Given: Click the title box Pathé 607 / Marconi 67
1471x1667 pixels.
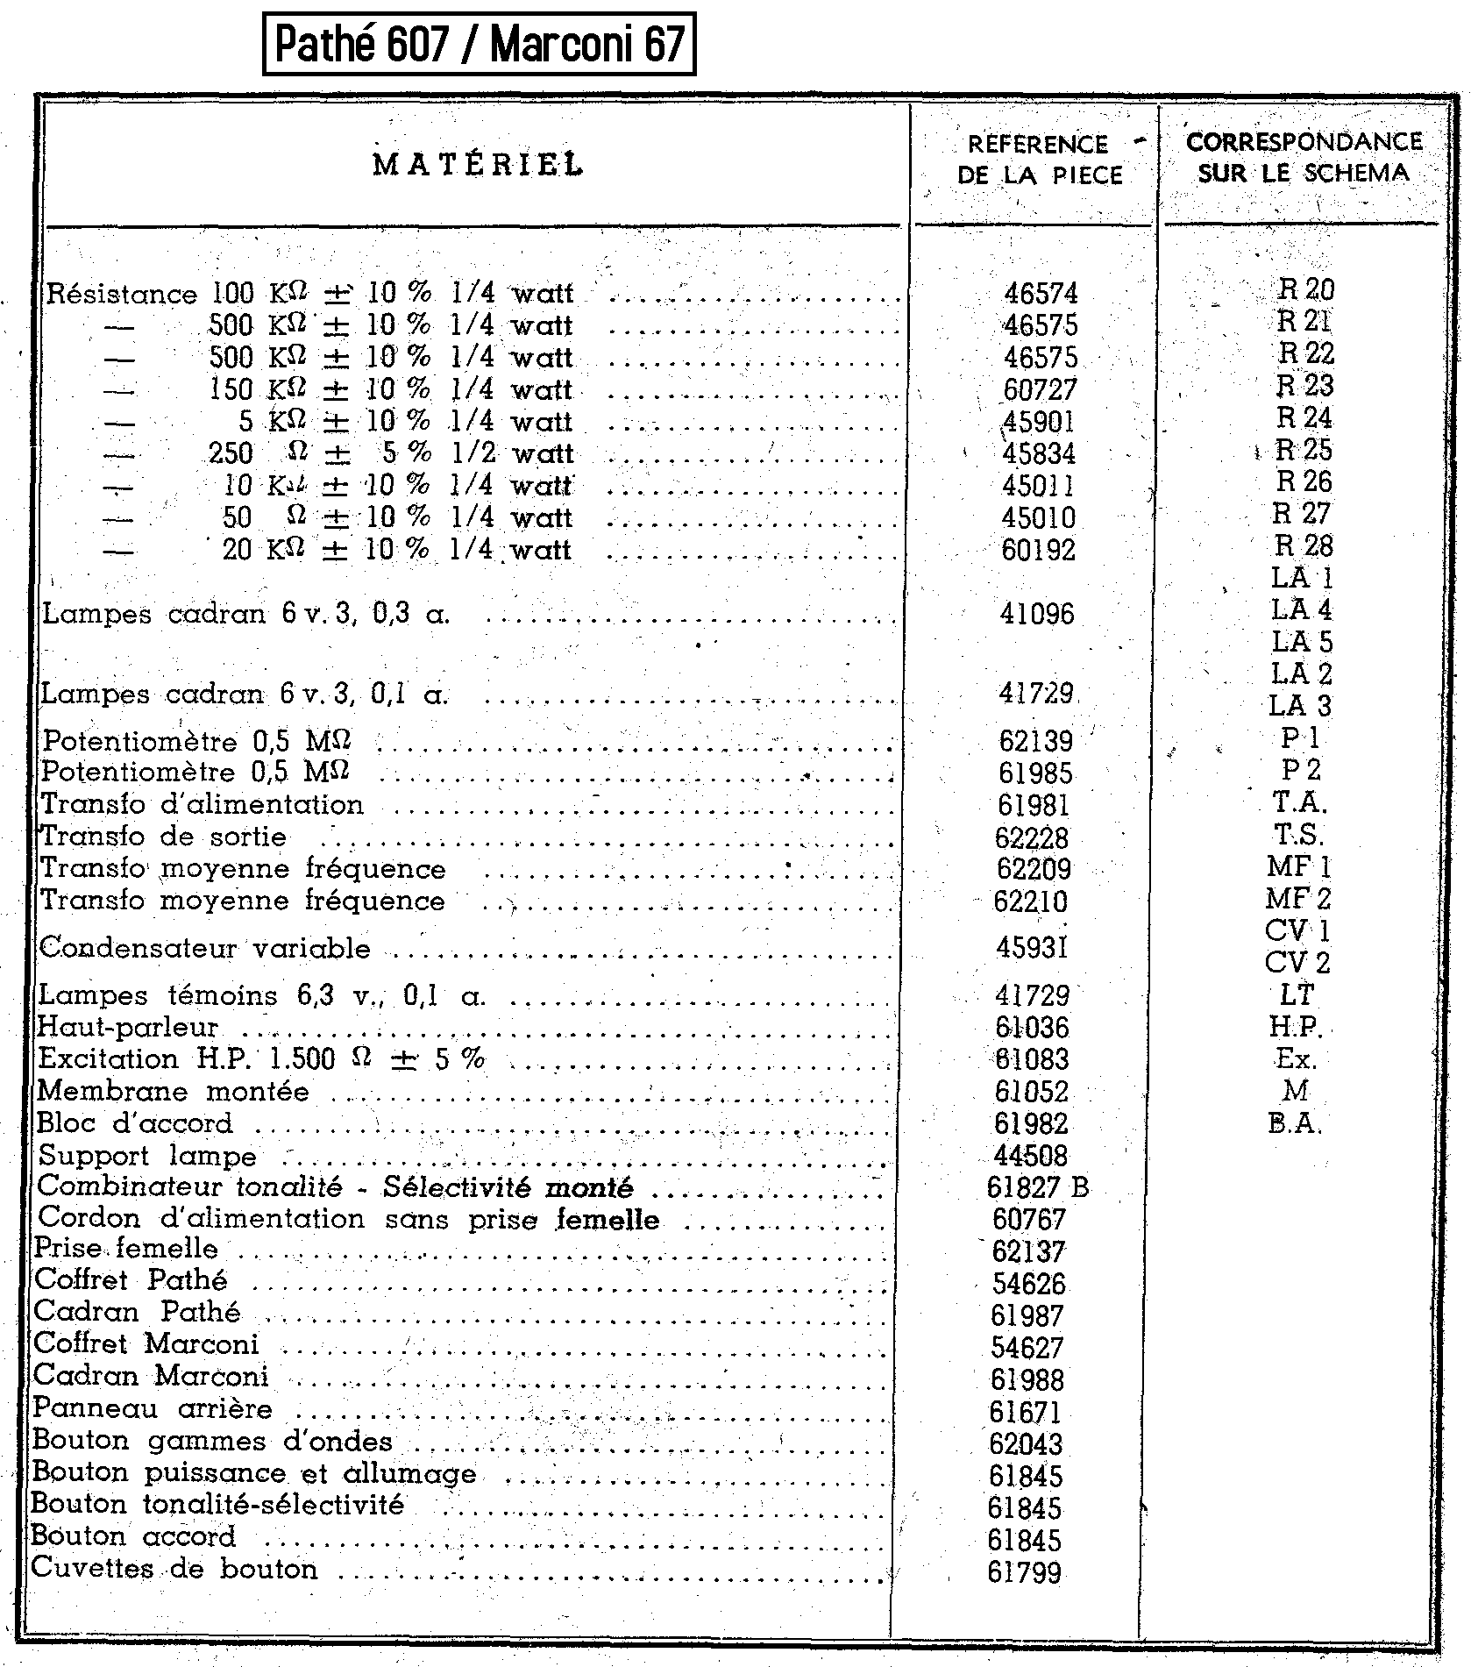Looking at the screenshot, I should point(479,44).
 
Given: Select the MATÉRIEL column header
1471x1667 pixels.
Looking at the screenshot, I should point(478,164).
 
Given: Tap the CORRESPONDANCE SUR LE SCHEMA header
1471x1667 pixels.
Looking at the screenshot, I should point(1304,157).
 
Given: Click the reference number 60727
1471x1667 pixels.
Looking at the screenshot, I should point(1040,390).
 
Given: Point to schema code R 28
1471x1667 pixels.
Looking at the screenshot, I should point(1304,546).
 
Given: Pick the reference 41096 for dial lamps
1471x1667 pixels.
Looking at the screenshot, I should point(1037,614).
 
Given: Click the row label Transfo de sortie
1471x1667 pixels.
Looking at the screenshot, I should point(164,837).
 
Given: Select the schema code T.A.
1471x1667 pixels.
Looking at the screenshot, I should point(1299,801).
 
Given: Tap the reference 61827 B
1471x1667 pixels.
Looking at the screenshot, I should point(1037,1187).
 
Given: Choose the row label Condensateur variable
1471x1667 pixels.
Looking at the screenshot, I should point(205,948).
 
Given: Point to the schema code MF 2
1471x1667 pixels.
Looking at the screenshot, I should point(1297,899).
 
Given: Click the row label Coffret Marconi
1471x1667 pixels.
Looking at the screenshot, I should point(146,1343).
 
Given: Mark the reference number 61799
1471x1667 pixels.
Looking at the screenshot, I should point(1024,1572).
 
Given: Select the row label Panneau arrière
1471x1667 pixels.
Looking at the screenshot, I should point(153,1408).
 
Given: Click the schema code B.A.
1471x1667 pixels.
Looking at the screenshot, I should point(1294,1123).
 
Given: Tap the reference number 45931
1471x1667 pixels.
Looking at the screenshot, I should point(1032,947).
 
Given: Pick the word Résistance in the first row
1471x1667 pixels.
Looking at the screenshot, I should point(122,294).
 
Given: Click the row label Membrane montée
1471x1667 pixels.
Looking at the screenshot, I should point(173,1092).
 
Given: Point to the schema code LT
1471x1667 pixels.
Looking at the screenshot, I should point(1297,995).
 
